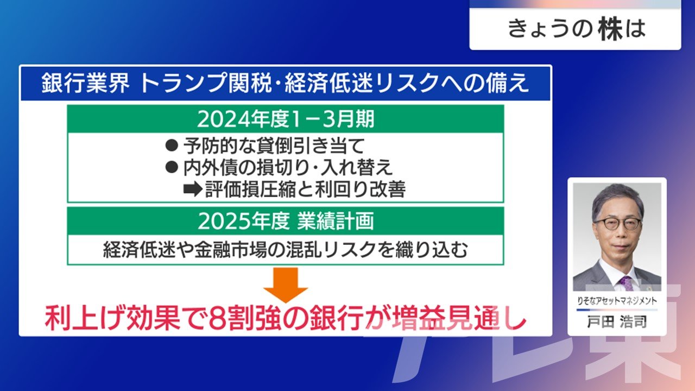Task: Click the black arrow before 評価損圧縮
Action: pyautogui.click(x=193, y=190)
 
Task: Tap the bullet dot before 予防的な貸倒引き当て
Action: pyautogui.click(x=172, y=145)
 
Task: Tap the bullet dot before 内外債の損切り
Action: pyautogui.click(x=172, y=167)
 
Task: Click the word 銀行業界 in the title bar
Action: pyautogui.click(x=86, y=83)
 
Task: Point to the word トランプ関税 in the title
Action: pyautogui.click(x=206, y=83)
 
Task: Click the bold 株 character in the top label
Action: pyautogui.click(x=610, y=29)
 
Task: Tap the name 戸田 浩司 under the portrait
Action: pyautogui.click(x=617, y=322)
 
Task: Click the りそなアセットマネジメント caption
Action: pyautogui.click(x=617, y=301)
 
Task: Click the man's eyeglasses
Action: pyautogui.click(x=617, y=223)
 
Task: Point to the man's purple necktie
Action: pyautogui.click(x=626, y=283)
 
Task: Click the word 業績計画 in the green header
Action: pyautogui.click(x=335, y=221)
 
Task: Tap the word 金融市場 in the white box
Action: pyautogui.click(x=231, y=249)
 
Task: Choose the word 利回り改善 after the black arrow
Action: pyautogui.click(x=360, y=190)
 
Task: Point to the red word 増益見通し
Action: pyautogui.click(x=459, y=318)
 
